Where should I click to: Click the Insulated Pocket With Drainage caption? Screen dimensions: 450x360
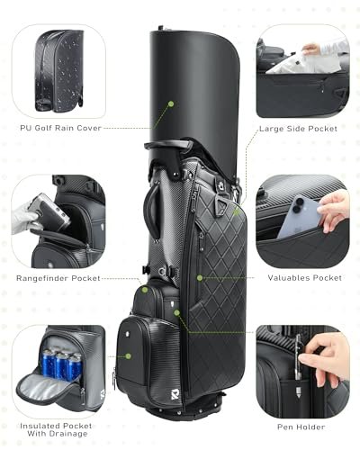coord(57,428)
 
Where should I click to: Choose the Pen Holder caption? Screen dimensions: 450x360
coord(301,428)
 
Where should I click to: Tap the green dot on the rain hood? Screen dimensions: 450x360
coord(169,103)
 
